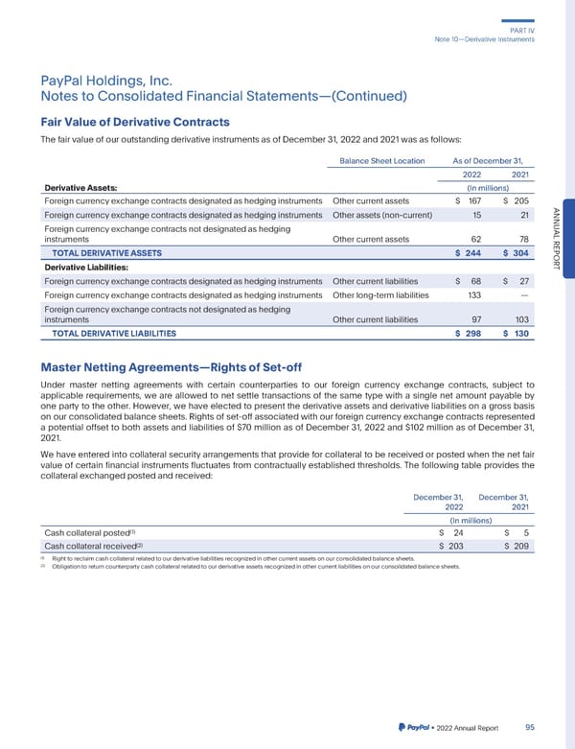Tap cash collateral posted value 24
458,532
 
